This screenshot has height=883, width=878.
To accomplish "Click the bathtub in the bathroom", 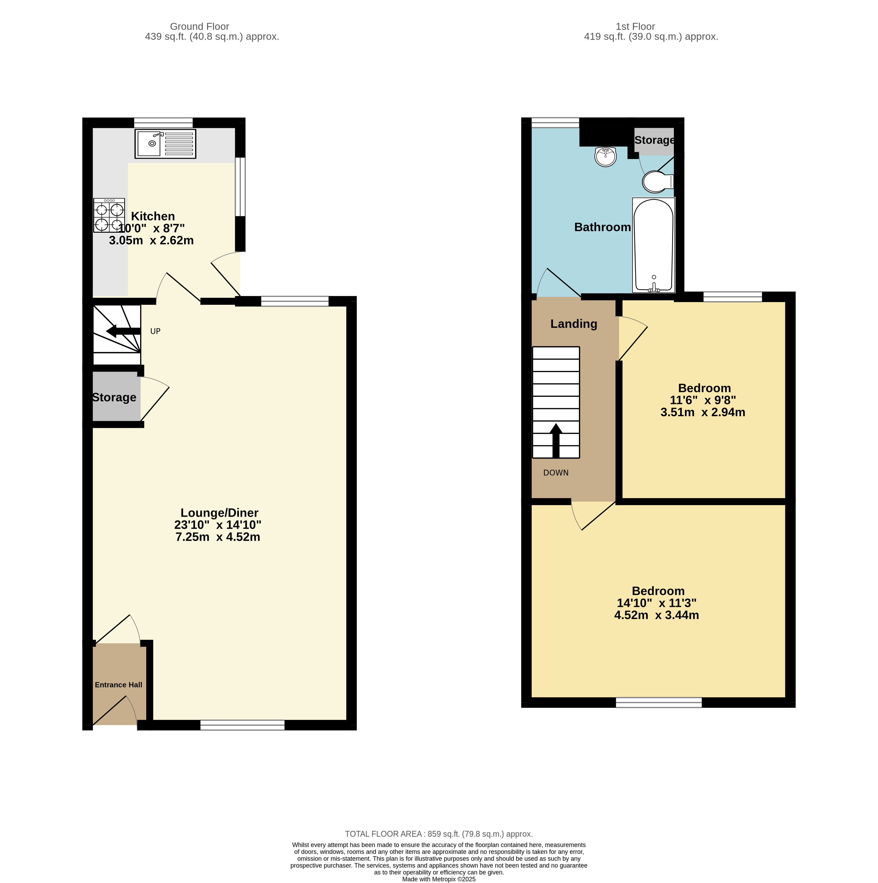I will click(x=653, y=245).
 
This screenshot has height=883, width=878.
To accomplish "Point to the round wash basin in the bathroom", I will click(x=606, y=157).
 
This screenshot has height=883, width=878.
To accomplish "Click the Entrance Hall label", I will click(x=118, y=685).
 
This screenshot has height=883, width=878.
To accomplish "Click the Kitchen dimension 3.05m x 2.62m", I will click(x=151, y=240).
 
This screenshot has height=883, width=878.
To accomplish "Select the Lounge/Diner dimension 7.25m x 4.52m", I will click(x=218, y=537).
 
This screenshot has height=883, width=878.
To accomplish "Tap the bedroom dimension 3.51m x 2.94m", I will click(x=703, y=412).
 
